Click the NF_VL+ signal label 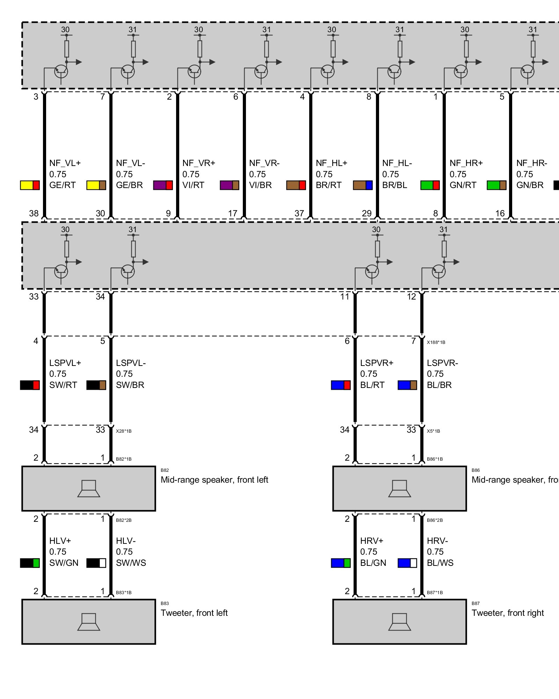pyautogui.click(x=65, y=163)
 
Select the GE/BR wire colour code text pyautogui.click(x=129, y=185)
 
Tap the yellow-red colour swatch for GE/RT pyautogui.click(x=30, y=185)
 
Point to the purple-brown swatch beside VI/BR pyautogui.click(x=230, y=185)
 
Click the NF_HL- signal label pyautogui.click(x=397, y=163)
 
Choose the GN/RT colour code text pyautogui.click(x=463, y=185)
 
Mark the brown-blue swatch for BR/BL pyautogui.click(x=363, y=185)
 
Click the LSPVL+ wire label pyautogui.click(x=65, y=363)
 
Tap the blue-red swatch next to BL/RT pyautogui.click(x=341, y=385)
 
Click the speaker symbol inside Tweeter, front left pyautogui.click(x=89, y=622)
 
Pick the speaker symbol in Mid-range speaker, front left pyautogui.click(x=89, y=488)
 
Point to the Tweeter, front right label pyautogui.click(x=508, y=613)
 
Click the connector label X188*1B pyautogui.click(x=436, y=343)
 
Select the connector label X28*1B pyautogui.click(x=124, y=431)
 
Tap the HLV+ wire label pyautogui.click(x=60, y=541)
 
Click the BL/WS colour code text pyautogui.click(x=440, y=563)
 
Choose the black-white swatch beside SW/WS pyautogui.click(x=96, y=563)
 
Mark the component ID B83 pyautogui.click(x=165, y=604)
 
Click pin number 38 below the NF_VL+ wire pyautogui.click(x=34, y=213)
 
